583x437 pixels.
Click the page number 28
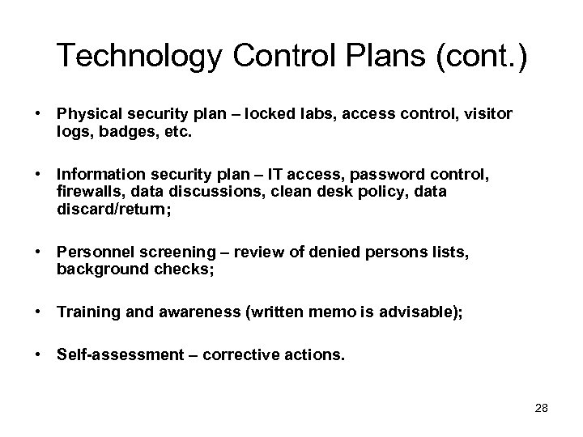tap(542, 409)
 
